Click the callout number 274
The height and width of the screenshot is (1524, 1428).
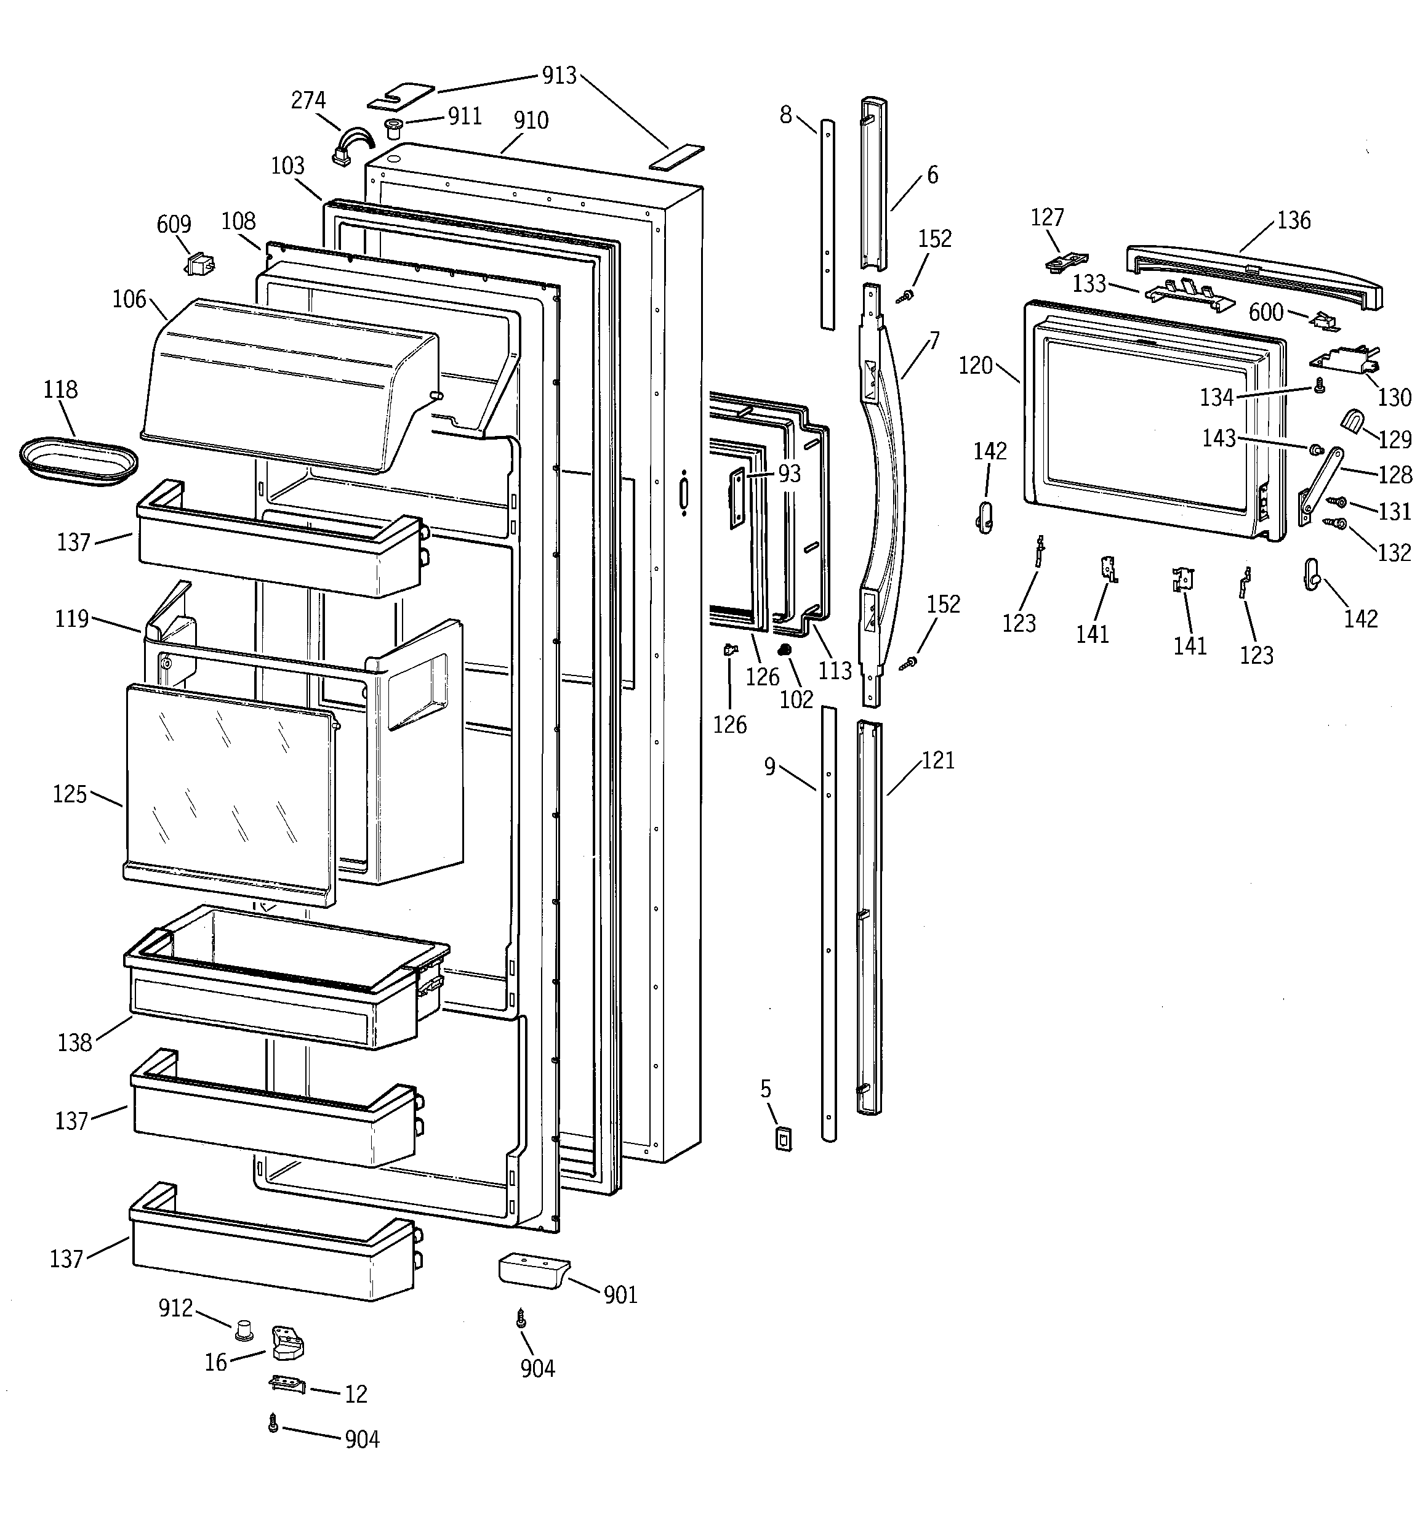tap(308, 100)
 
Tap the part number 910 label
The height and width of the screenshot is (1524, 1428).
tap(531, 120)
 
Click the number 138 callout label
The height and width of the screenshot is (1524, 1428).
tap(74, 1042)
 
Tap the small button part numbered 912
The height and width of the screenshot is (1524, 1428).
tap(244, 1330)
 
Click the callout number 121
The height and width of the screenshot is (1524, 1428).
tap(938, 760)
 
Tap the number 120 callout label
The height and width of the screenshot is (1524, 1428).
tap(975, 366)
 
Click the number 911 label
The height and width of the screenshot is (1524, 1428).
tap(465, 116)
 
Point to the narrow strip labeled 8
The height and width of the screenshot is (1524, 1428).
tap(828, 222)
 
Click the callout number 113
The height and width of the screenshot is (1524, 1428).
tap(835, 671)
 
